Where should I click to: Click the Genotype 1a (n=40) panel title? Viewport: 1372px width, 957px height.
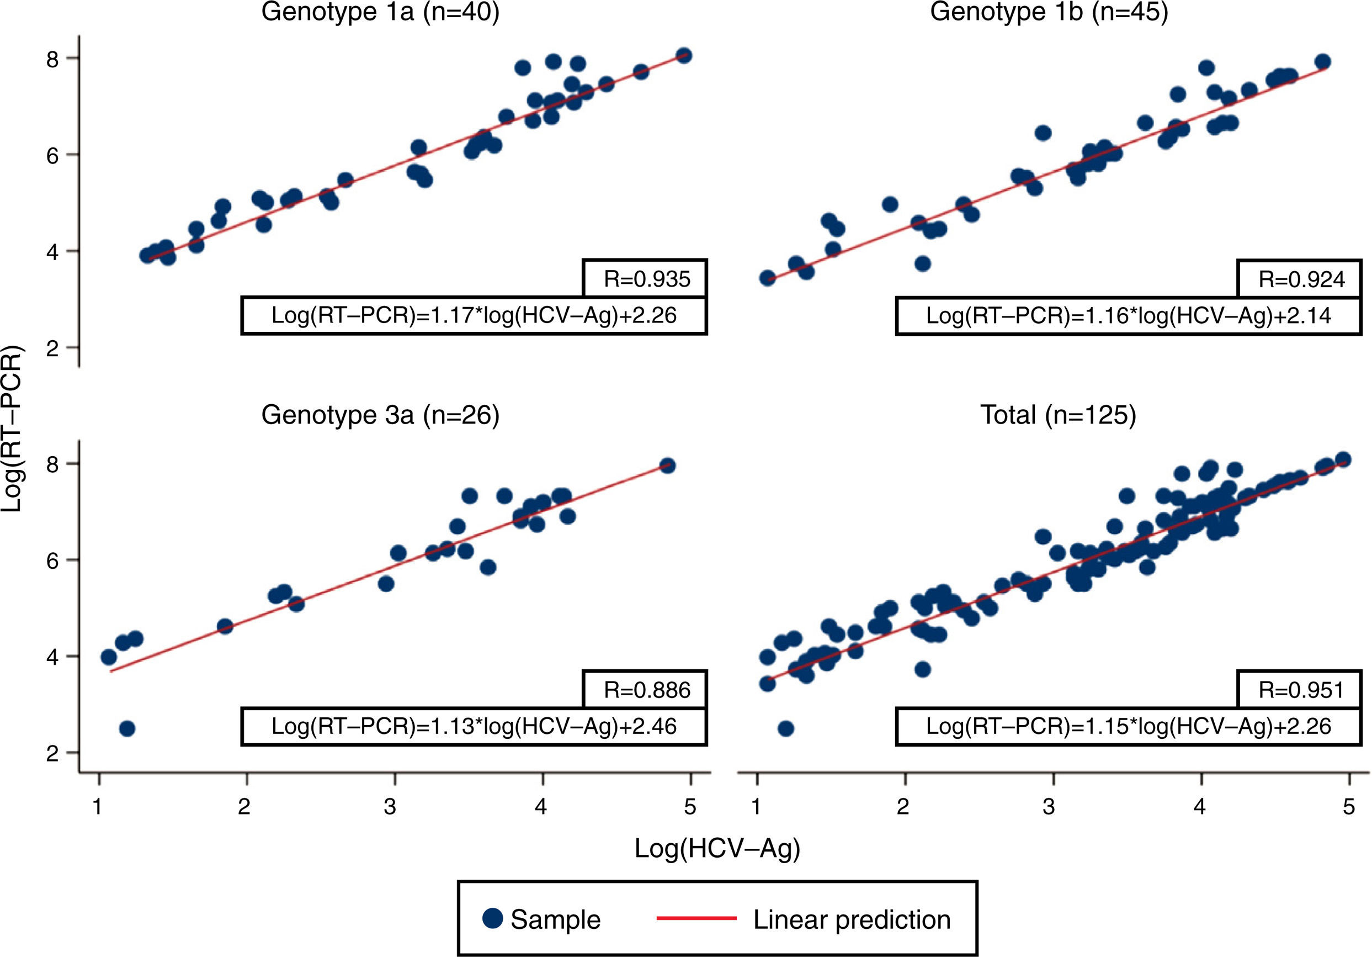pos(380,12)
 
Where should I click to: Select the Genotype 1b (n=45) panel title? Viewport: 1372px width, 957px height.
pos(1049,12)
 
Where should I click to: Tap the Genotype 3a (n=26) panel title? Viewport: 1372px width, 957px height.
pos(380,415)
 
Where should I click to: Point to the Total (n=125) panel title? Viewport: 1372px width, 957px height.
pos(1057,415)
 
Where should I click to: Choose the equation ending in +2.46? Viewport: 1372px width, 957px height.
pos(474,726)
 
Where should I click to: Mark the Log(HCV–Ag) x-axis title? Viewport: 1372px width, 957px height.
pos(716,848)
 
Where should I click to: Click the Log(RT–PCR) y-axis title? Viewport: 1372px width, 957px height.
pos(12,428)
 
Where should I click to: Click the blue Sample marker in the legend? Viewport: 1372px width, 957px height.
pos(492,918)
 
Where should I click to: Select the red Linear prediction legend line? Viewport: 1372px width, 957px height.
pos(696,918)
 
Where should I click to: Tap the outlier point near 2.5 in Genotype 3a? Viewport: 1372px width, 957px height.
pos(127,728)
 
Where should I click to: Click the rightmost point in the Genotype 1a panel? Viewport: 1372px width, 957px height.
pos(684,56)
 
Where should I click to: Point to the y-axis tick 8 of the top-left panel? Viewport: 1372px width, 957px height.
pos(52,59)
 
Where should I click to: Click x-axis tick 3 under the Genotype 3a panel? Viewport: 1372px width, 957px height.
pos(390,807)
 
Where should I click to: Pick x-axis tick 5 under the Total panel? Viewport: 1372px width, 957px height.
pos(1349,807)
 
